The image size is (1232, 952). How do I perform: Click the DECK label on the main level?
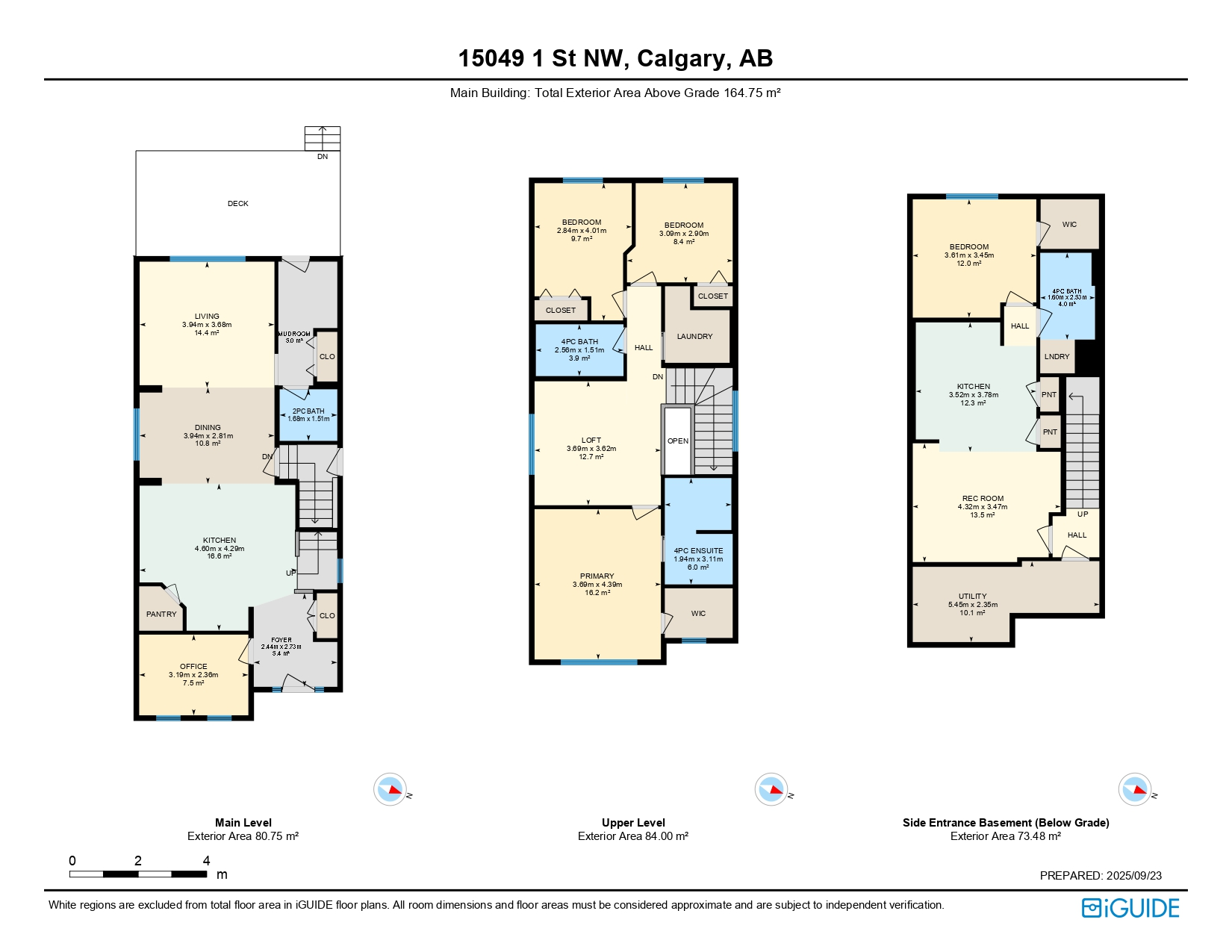(237, 203)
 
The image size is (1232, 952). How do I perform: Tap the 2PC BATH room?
(308, 414)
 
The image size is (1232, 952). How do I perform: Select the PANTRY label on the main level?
(161, 614)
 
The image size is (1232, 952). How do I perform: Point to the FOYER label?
(281, 640)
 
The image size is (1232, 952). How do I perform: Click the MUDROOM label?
(294, 334)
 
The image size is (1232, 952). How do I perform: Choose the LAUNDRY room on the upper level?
(694, 336)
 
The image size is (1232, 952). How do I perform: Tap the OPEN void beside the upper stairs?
(678, 441)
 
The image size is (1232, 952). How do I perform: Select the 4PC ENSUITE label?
(698, 550)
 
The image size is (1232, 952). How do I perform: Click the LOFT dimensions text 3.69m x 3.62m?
(591, 449)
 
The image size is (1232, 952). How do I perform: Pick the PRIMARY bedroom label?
(597, 576)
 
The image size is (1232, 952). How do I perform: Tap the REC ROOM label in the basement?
(983, 498)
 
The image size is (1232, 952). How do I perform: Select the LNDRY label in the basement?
(1057, 356)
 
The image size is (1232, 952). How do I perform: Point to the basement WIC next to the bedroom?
(1069, 224)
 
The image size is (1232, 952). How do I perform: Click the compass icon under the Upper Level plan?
(771, 789)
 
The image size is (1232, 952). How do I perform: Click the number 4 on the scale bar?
(206, 860)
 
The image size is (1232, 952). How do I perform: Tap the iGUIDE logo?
(1130, 908)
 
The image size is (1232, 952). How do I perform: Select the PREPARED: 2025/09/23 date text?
(1101, 875)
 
